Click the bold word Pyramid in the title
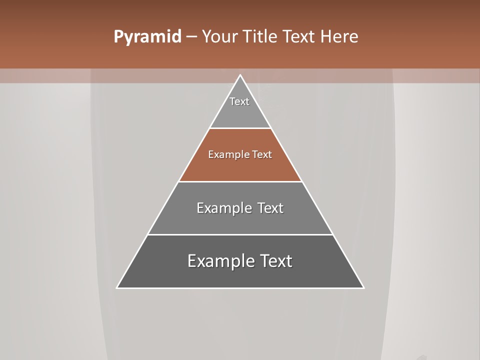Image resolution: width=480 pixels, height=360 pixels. click(147, 37)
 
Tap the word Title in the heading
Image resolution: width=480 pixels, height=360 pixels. click(260, 37)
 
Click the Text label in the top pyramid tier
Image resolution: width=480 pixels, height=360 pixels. click(239, 101)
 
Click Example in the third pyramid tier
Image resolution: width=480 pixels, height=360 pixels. click(220, 208)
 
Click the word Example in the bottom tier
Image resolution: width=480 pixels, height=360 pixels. click(214, 261)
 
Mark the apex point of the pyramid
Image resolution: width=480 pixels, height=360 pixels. click(240, 75)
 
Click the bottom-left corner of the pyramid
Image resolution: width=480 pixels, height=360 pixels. click(117, 288)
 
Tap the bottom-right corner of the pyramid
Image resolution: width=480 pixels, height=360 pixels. click(363, 288)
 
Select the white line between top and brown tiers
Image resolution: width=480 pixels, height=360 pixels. click(240, 128)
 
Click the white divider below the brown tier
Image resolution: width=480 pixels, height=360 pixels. click(240, 181)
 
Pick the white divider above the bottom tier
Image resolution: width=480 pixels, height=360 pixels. click(240, 234)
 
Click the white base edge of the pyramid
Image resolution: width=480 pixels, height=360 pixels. click(240, 288)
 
